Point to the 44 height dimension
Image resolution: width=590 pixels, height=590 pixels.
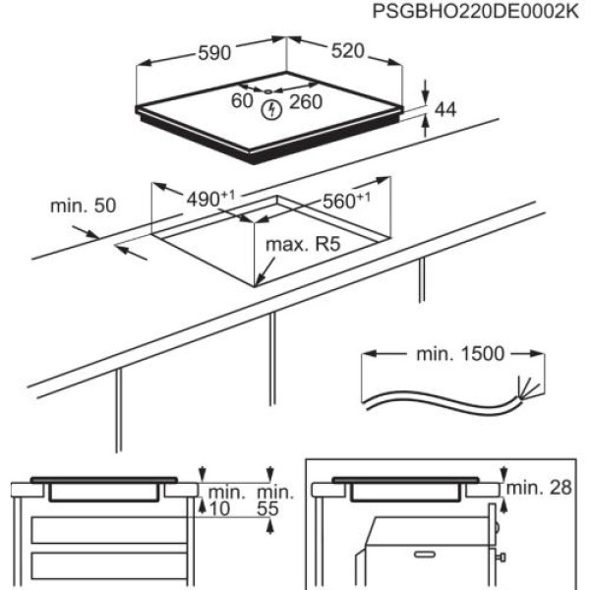(x=446, y=110)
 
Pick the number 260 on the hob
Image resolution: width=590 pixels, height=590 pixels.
(x=307, y=100)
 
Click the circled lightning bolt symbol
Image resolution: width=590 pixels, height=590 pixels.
(x=271, y=109)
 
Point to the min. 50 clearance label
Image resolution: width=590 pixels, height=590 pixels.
(x=84, y=206)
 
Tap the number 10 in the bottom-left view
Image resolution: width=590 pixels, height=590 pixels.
(x=218, y=508)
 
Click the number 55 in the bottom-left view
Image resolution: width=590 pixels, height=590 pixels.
(x=268, y=508)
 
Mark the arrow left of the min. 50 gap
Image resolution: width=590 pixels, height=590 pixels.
(x=131, y=253)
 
